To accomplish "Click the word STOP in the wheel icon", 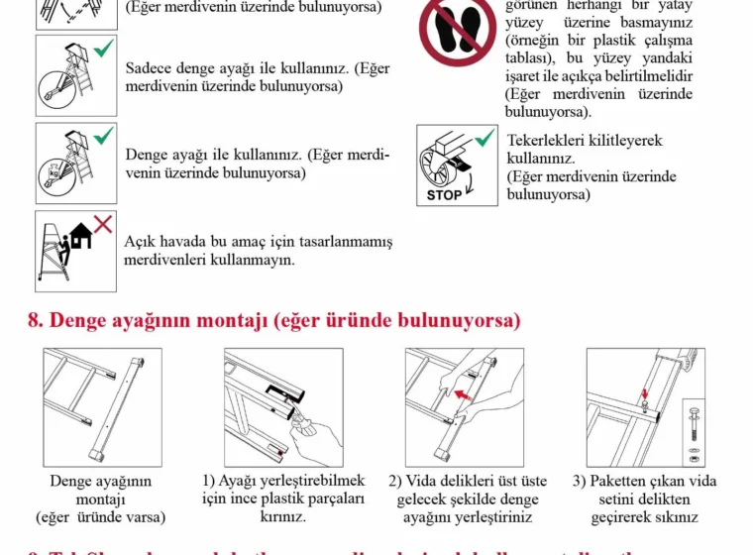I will (x=444, y=194).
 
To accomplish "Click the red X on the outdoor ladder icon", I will (x=103, y=224).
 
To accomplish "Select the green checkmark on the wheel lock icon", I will (x=484, y=138).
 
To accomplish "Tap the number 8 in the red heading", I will (x=35, y=321).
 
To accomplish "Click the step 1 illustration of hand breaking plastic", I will (x=283, y=407).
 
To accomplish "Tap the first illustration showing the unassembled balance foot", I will (x=102, y=407).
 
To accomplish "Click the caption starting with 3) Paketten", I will (x=645, y=499).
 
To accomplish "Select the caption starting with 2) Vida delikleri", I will (x=465, y=499).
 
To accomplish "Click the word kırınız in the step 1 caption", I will (x=282, y=516).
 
